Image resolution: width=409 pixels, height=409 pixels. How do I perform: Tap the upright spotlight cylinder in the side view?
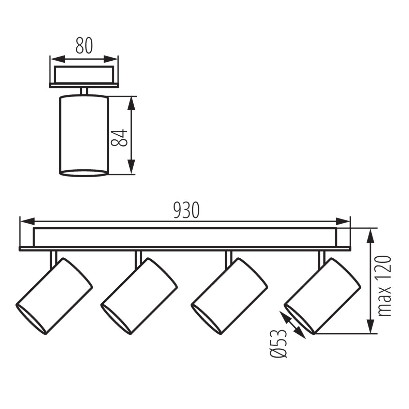tap(84, 136)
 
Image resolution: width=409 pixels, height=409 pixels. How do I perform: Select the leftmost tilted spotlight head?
tap(55, 296)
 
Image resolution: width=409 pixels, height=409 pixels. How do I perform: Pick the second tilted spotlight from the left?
tap(139, 296)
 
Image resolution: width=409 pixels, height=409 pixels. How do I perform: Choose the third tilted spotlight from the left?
tap(229, 296)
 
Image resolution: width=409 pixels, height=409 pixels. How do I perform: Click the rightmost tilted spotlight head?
tap(323, 296)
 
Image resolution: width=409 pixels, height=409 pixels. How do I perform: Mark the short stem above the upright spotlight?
tap(84, 91)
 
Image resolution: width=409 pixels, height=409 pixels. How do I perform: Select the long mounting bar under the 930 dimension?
tap(185, 237)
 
